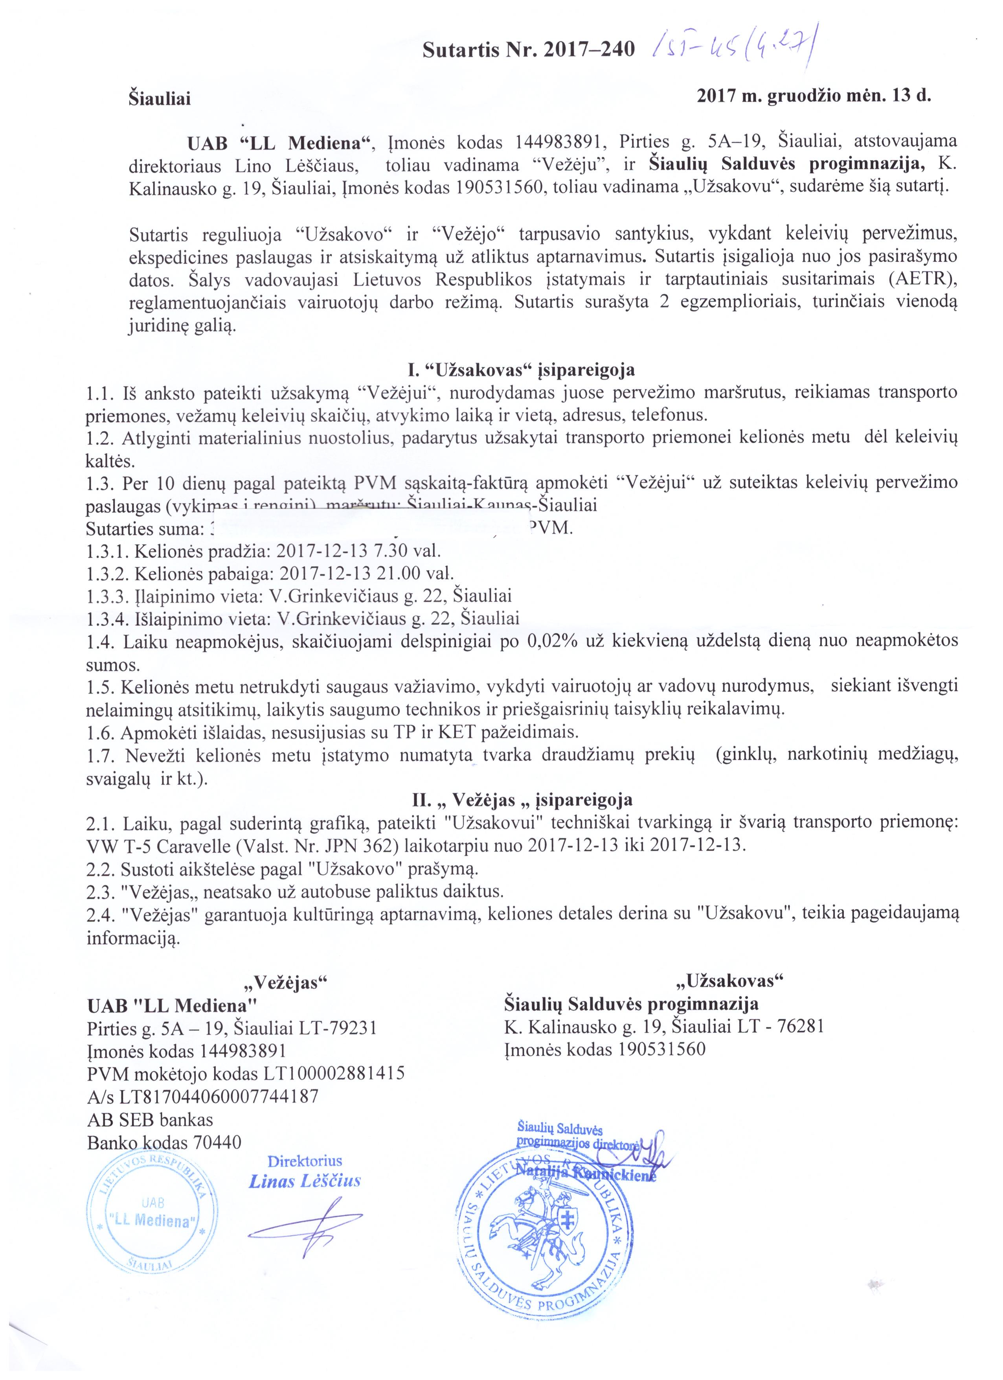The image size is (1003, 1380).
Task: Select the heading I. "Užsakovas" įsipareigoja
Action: coord(521,369)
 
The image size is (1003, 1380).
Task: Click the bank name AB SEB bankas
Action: coord(150,1119)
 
